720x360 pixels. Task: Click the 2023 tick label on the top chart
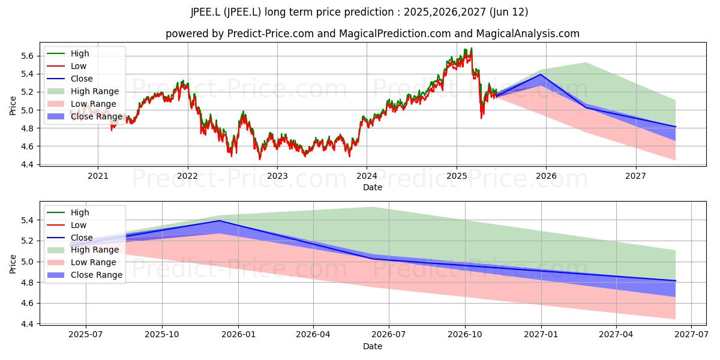click(277, 176)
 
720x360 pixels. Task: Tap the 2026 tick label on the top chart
click(546, 176)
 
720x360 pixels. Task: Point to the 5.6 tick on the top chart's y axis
click(27, 56)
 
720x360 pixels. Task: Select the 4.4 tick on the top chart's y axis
click(27, 164)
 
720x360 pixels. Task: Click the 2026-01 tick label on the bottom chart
click(239, 335)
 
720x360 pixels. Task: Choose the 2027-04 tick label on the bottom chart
click(616, 335)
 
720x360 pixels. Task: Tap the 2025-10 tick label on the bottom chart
click(162, 335)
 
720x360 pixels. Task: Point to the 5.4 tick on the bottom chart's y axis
click(27, 221)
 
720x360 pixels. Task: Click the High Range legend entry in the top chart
click(83, 91)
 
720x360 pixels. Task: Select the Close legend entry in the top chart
click(70, 79)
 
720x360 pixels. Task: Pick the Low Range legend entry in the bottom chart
click(82, 262)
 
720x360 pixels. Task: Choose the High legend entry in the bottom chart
click(68, 212)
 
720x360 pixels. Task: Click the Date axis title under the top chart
click(373, 187)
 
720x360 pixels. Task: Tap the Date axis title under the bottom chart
click(373, 347)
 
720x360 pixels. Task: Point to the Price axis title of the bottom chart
click(13, 264)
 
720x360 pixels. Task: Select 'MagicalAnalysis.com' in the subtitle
click(528, 34)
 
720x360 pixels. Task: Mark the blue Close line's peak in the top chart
click(541, 74)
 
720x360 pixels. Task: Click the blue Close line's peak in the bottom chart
click(219, 221)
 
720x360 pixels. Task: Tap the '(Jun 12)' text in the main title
click(509, 12)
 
